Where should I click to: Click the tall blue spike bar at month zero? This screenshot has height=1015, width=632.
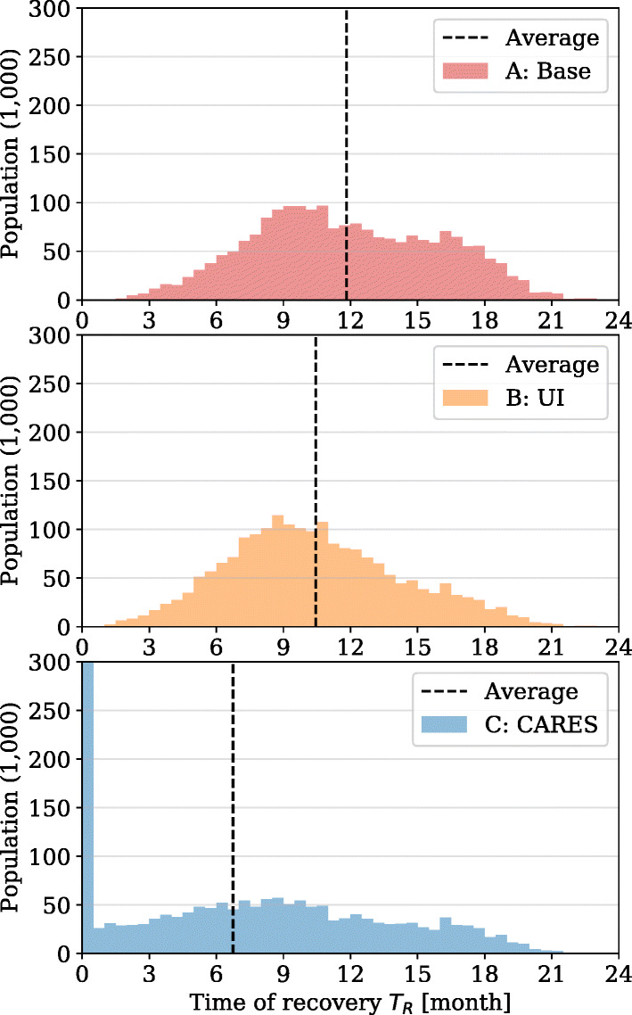[x=87, y=803]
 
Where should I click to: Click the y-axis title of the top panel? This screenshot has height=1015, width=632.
[x=12, y=155]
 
